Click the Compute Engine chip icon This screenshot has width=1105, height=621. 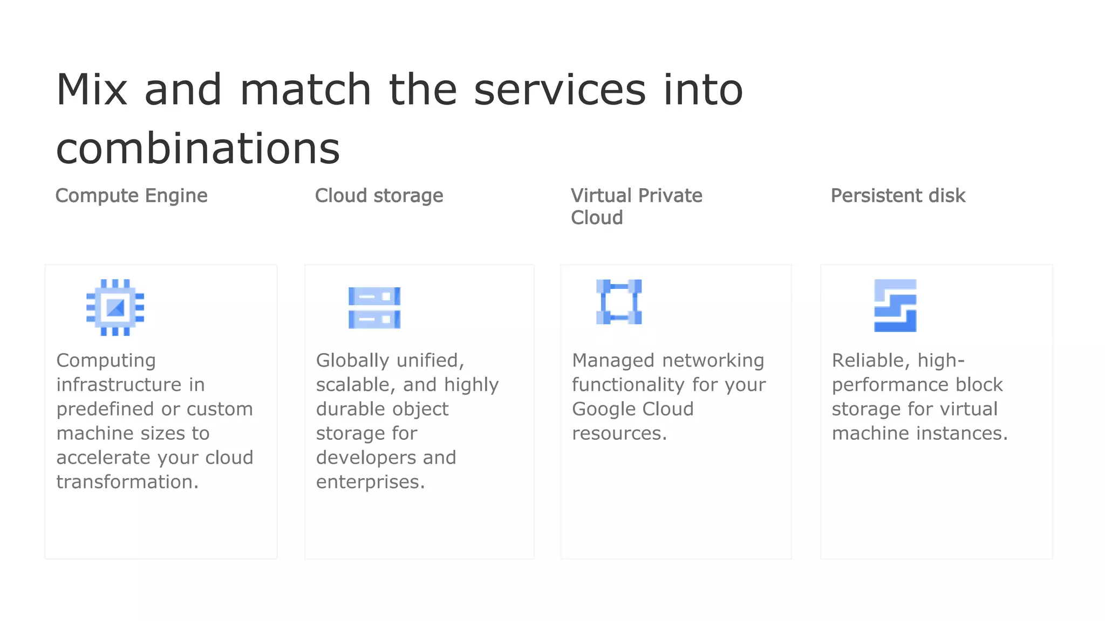pyautogui.click(x=115, y=307)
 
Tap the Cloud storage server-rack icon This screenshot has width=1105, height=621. pyautogui.click(x=374, y=308)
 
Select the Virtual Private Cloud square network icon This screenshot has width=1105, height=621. pyautogui.click(x=619, y=302)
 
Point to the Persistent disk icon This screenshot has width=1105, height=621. pyautogui.click(x=895, y=306)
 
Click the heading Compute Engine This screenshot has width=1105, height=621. pyautogui.click(x=131, y=196)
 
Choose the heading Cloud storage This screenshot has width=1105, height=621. pyautogui.click(x=379, y=196)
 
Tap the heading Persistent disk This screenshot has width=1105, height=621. pyautogui.click(x=898, y=196)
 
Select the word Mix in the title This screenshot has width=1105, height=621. pyautogui.click(x=92, y=89)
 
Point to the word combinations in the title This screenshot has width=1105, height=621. pyautogui.click(x=198, y=149)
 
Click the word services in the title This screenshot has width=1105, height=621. pyautogui.click(x=560, y=89)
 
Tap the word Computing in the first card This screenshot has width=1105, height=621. pyautogui.click(x=106, y=361)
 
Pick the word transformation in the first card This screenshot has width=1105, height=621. pyautogui.click(x=127, y=482)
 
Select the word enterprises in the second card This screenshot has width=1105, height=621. pyautogui.click(x=370, y=482)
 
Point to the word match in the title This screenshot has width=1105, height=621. pyautogui.click(x=305, y=89)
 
